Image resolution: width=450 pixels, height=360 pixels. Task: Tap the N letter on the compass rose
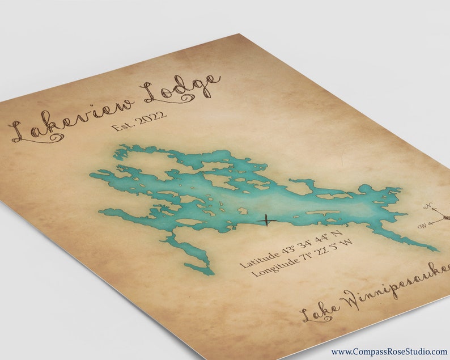click(x=429, y=206)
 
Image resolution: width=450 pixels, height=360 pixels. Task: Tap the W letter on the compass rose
click(x=422, y=226)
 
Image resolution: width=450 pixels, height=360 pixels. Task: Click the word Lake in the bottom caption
click(x=321, y=311)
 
